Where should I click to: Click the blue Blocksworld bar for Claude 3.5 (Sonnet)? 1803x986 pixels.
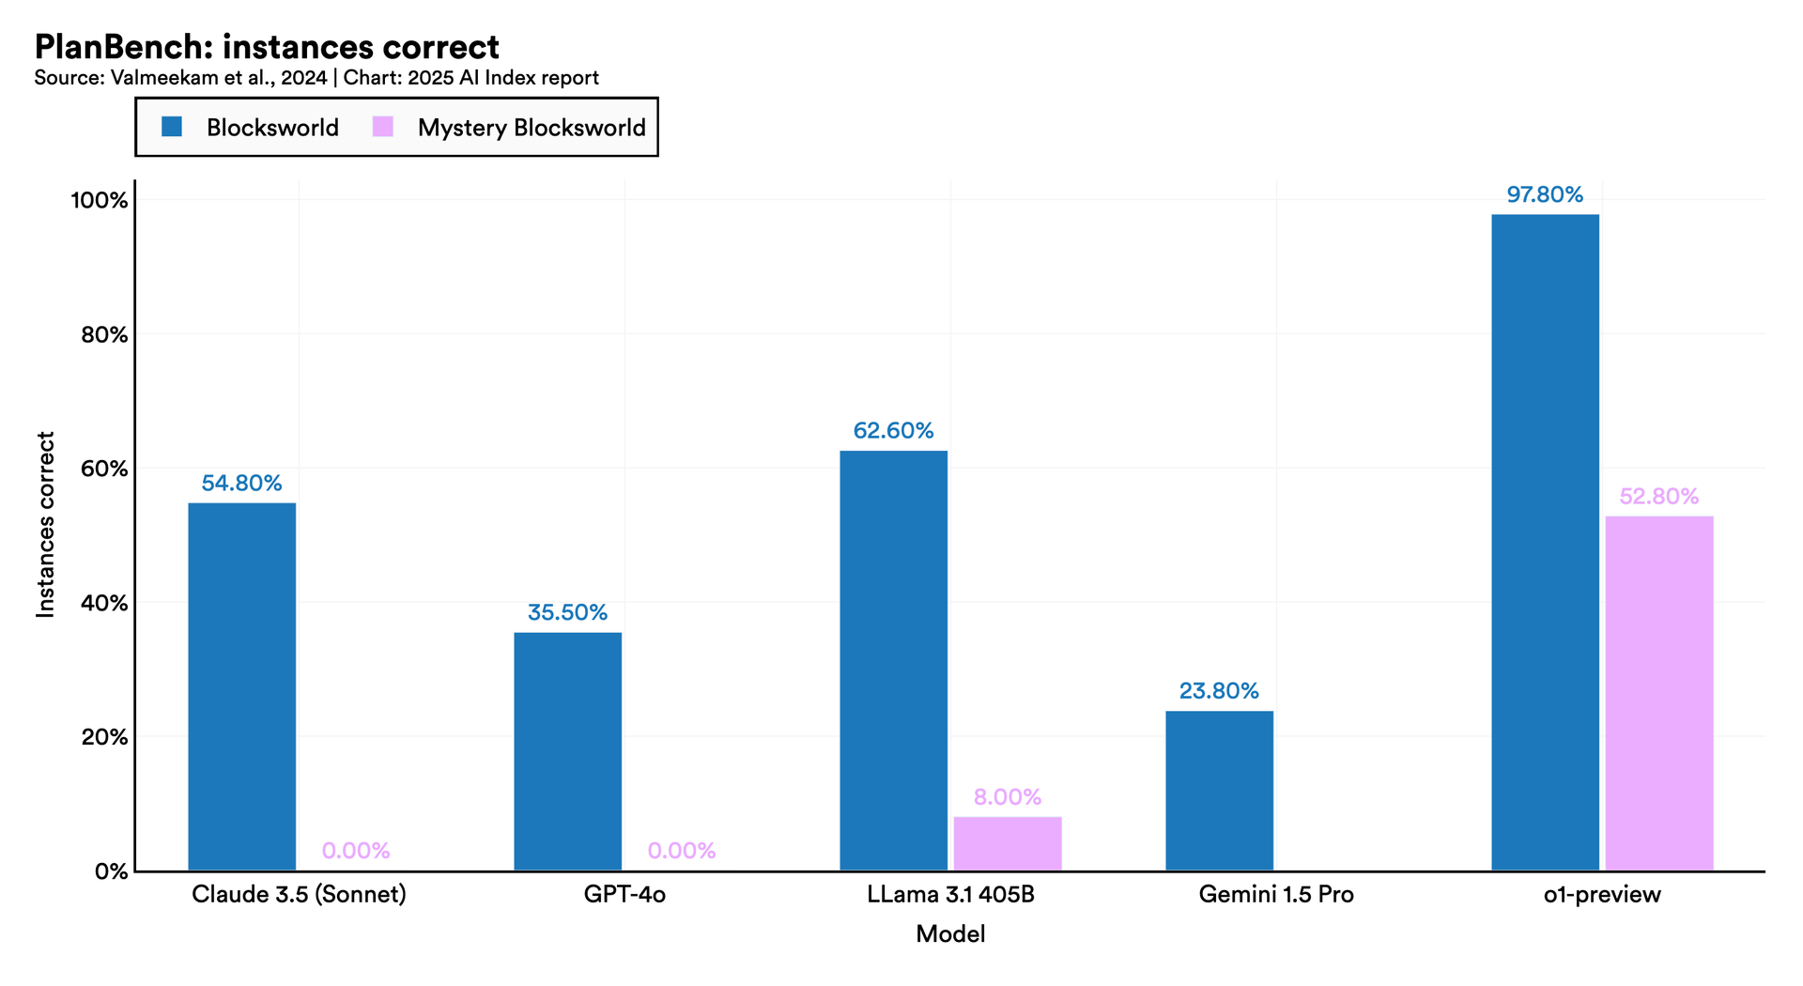[x=241, y=686]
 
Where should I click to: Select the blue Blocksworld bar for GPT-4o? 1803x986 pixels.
[x=567, y=751]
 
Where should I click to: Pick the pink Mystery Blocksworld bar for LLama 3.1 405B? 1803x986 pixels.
[x=1008, y=843]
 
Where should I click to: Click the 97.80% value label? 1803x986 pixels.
[x=1545, y=195]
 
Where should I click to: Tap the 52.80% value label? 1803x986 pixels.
[x=1659, y=497]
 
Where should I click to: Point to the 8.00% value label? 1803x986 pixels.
[x=1008, y=797]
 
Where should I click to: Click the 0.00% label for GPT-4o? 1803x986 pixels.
[x=682, y=851]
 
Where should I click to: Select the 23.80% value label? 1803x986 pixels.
[x=1219, y=691]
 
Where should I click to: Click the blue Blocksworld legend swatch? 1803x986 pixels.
[x=172, y=127]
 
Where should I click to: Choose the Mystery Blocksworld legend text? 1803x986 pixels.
[x=532, y=128]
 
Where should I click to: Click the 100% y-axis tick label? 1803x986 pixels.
[x=100, y=200]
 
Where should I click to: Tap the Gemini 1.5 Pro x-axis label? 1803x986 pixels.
[x=1276, y=894]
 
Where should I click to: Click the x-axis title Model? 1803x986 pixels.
[x=950, y=934]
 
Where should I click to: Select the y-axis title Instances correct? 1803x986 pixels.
[x=46, y=524]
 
